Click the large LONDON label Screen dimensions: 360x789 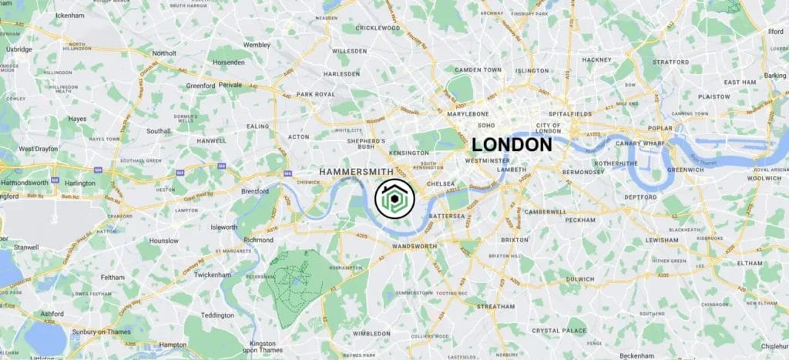click(x=512, y=144)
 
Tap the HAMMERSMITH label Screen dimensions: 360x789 click(x=355, y=170)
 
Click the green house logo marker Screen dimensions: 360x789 click(x=394, y=200)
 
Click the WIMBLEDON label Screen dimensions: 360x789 click(x=373, y=335)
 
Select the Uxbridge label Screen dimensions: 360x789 click(x=18, y=49)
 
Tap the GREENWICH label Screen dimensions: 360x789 click(x=663, y=170)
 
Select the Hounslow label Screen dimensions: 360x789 click(x=164, y=241)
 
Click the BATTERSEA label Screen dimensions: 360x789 click(x=447, y=217)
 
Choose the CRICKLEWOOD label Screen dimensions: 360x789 click(x=378, y=28)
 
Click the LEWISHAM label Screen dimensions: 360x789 click(x=662, y=240)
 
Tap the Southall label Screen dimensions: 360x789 click(x=159, y=131)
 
